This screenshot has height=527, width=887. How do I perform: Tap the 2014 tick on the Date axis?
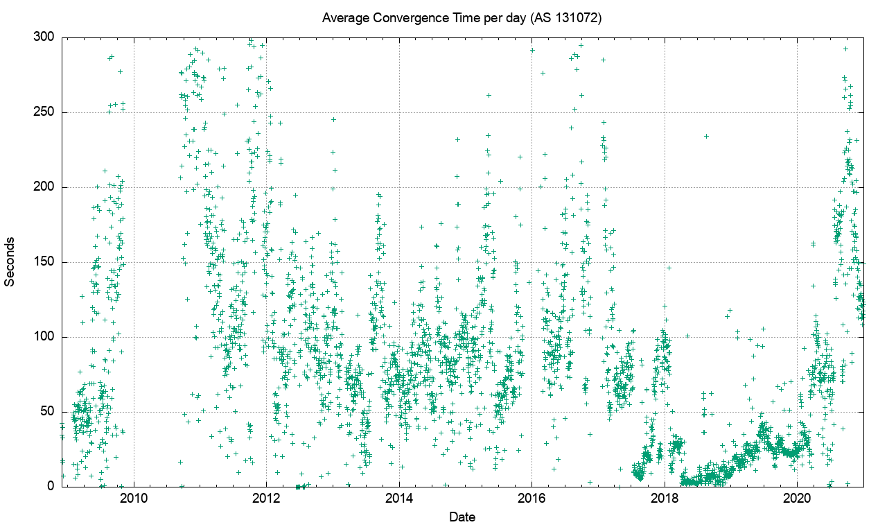(x=399, y=499)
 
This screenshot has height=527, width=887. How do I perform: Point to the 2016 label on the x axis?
(x=532, y=499)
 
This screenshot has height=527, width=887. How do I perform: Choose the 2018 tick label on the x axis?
(x=665, y=499)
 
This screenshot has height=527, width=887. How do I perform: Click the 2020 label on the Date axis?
(x=797, y=499)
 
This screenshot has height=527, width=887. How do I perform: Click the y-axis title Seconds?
(x=10, y=262)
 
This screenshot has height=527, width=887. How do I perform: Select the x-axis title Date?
(x=462, y=517)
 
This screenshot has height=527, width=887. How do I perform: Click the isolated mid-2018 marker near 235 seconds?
(x=706, y=136)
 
